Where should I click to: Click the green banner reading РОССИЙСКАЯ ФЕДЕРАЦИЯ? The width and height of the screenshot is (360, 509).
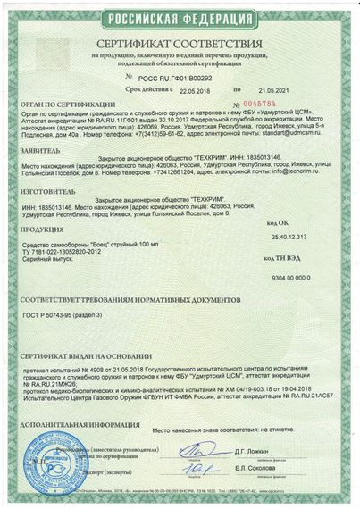[180, 18]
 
